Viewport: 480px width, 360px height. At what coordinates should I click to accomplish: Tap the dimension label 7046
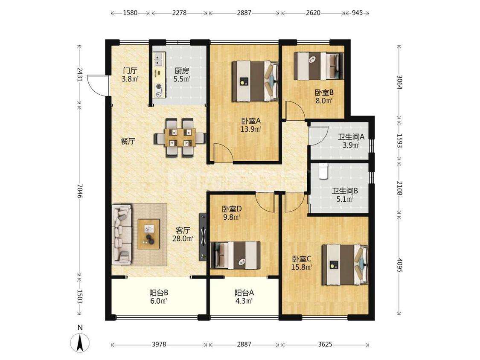point(80,191)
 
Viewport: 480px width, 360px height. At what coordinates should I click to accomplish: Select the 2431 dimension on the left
point(80,74)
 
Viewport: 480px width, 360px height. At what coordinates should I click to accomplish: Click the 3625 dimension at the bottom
point(325,344)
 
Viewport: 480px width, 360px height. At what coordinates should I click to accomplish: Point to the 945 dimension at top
point(357,13)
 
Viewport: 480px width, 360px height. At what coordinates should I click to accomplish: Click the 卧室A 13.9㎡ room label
point(251,125)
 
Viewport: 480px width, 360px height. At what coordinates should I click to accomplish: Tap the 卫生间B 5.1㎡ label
point(345,195)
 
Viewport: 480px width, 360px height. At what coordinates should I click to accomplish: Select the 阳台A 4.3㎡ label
point(244,296)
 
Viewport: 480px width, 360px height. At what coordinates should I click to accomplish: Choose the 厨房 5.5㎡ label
point(182,75)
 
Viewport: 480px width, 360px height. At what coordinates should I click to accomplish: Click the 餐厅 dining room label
point(128,142)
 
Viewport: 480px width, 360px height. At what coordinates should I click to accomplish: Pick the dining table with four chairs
point(180,137)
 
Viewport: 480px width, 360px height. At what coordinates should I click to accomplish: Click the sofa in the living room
point(122,235)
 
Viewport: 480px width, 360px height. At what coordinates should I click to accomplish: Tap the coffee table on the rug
point(149,234)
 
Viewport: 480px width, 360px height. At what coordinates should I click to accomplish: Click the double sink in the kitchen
point(159,59)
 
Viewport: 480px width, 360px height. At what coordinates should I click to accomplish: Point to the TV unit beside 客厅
point(203,237)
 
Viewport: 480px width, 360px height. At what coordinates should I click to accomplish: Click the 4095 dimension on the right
point(399,265)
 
